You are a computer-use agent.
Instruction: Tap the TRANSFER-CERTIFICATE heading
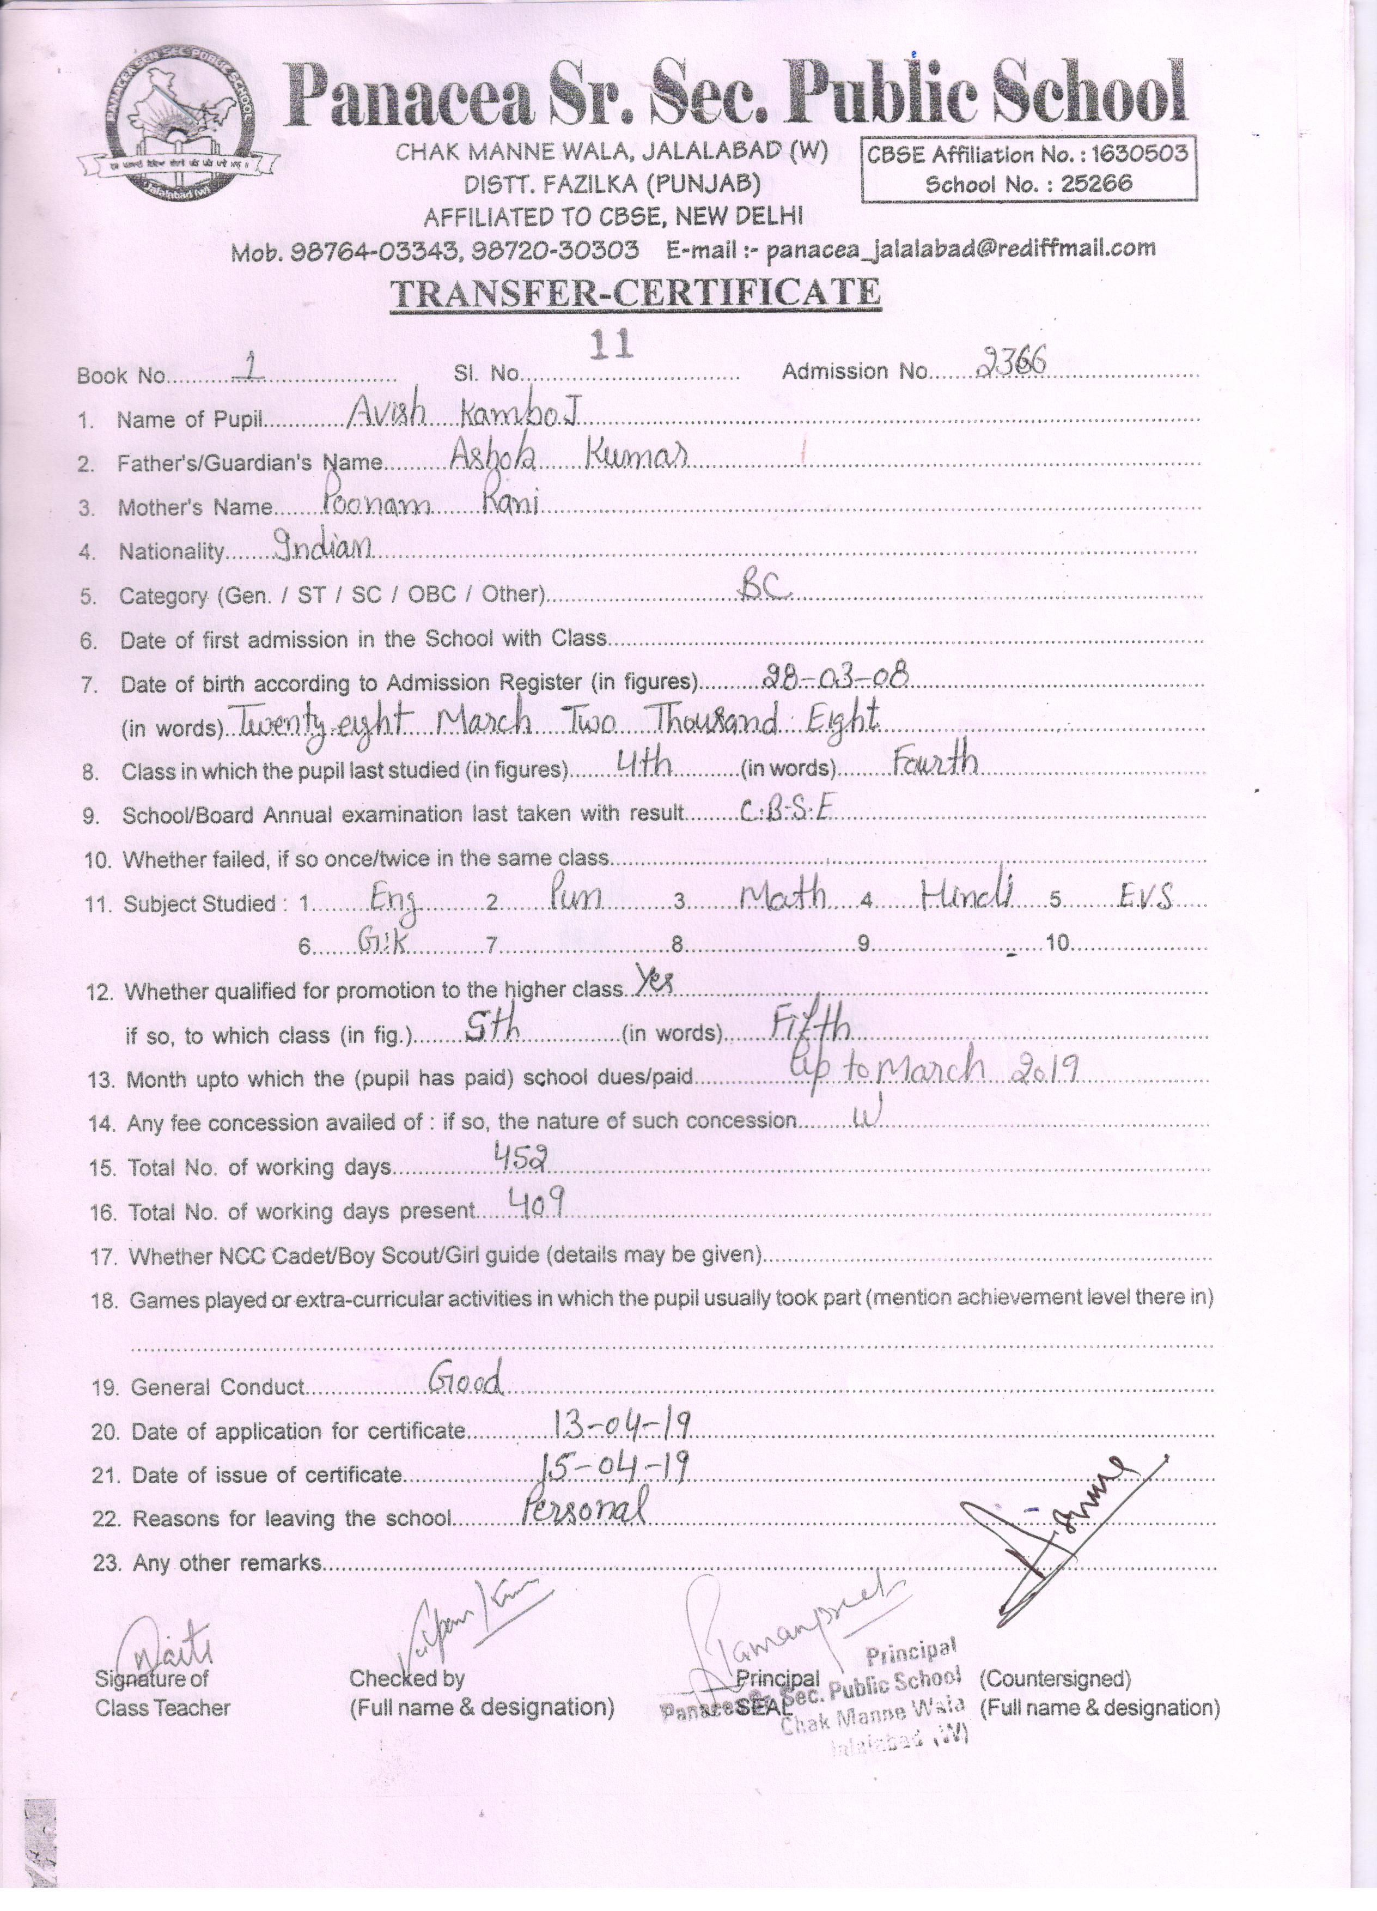[636, 293]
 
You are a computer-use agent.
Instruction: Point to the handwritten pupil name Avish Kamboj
[467, 412]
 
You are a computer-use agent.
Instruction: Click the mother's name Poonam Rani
[430, 502]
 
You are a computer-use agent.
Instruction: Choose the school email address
[960, 248]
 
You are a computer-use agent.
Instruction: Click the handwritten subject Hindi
[966, 894]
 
